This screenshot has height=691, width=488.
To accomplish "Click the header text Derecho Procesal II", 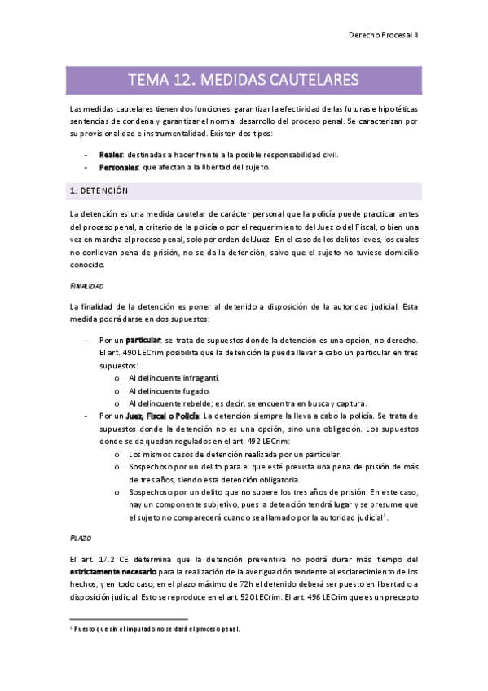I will (383, 36).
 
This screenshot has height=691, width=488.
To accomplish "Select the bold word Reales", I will (111, 155).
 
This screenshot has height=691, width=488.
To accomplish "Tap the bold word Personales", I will (118, 167).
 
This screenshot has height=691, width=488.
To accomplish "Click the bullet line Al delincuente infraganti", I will (174, 378).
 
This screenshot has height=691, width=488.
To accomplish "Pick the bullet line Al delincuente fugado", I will (167, 391).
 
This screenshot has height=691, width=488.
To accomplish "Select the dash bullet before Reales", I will (86, 155).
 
